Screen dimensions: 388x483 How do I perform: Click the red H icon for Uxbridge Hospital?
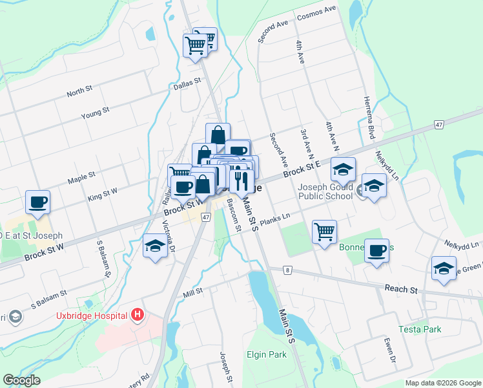coord(137,315)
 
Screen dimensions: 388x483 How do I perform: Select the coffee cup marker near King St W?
coord(38,201)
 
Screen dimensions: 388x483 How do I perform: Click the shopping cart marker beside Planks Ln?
coord(324,231)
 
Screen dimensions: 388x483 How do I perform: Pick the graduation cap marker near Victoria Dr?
coord(155,246)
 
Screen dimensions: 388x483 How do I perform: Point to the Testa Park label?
coord(424,329)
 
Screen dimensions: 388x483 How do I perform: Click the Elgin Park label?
coord(266,354)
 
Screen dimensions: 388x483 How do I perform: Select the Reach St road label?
coord(400,289)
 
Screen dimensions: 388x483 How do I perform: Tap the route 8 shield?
coord(285,270)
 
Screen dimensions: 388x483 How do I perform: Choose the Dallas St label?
coord(187,84)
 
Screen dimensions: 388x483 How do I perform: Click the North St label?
coord(80,92)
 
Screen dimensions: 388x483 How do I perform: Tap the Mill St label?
coord(192,291)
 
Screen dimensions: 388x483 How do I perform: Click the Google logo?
coord(21,380)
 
